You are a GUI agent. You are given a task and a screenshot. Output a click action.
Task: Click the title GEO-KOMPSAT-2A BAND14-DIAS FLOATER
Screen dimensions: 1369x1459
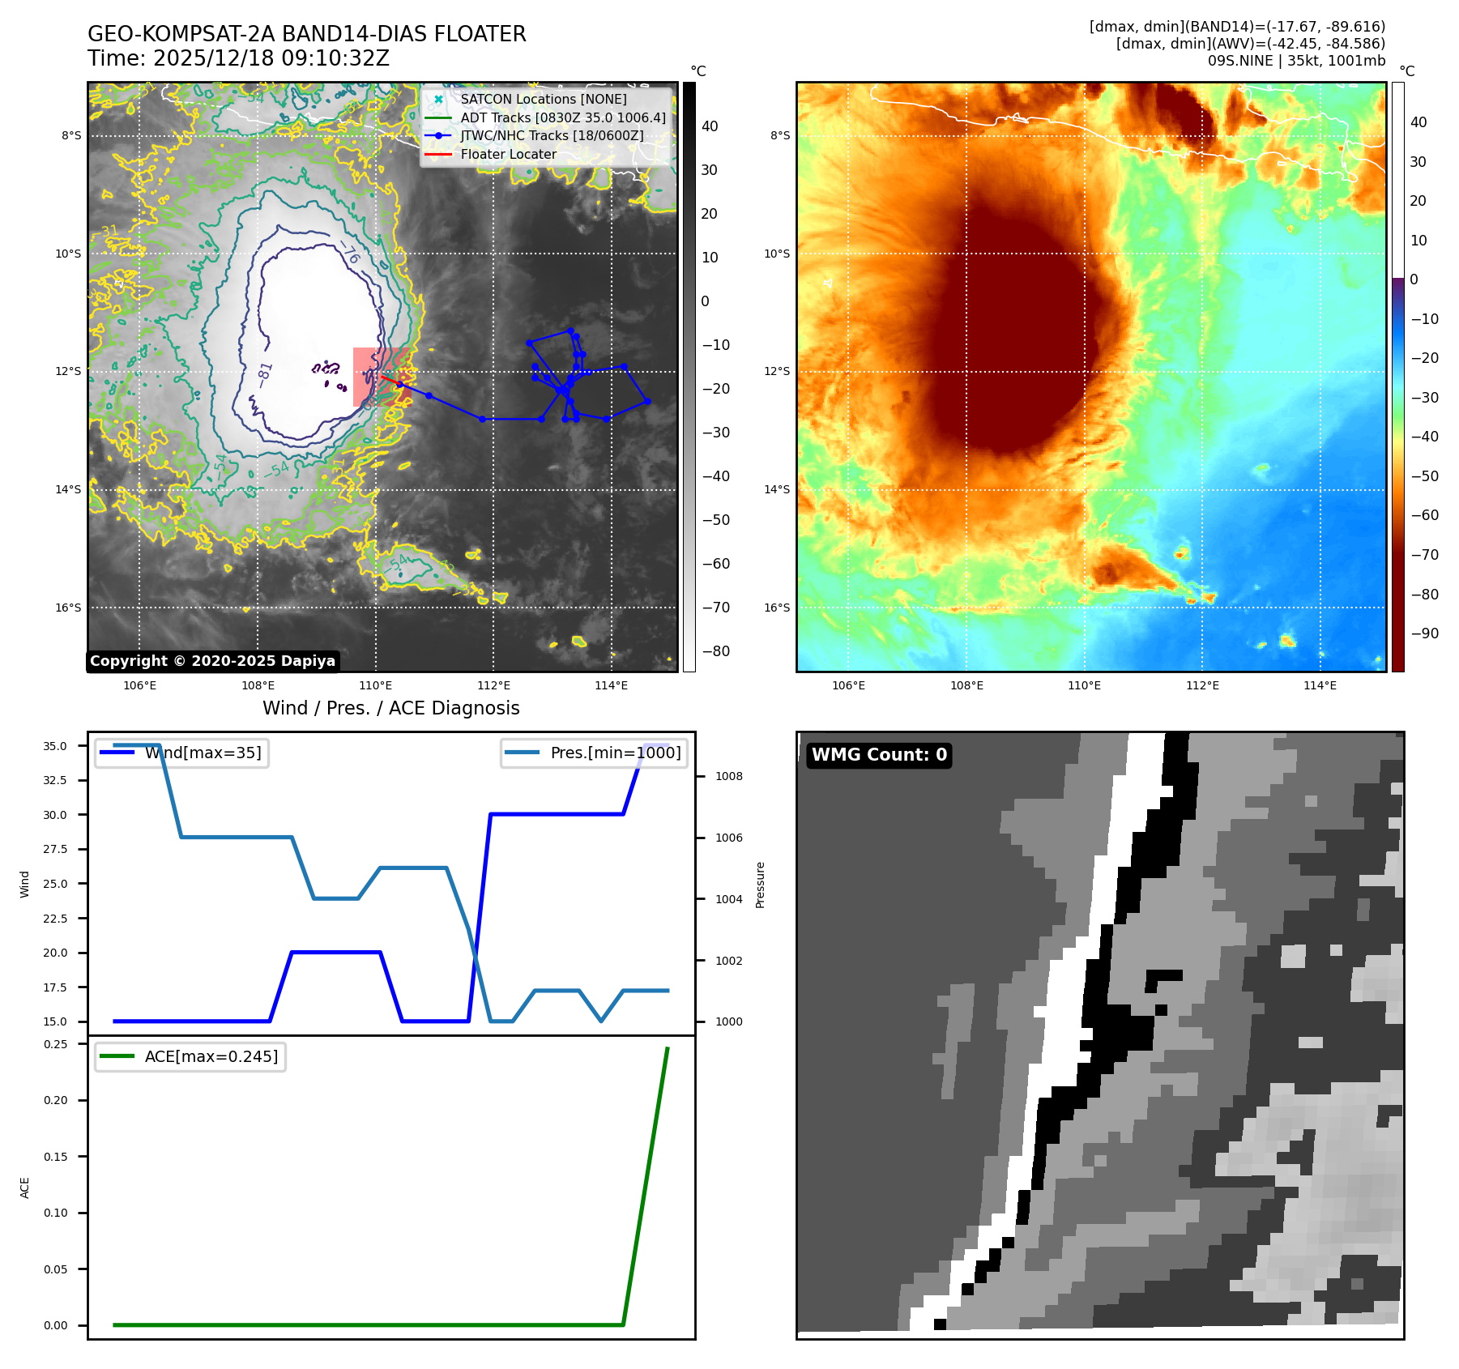tap(306, 34)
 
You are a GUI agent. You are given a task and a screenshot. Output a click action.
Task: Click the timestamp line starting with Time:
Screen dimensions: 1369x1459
tap(238, 58)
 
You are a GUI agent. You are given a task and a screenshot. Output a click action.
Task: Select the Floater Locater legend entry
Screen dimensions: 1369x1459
tap(508, 154)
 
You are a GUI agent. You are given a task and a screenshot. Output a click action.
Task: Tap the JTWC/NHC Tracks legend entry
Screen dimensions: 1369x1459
tap(552, 135)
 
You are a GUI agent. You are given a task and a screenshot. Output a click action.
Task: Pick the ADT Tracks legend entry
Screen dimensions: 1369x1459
tap(563, 117)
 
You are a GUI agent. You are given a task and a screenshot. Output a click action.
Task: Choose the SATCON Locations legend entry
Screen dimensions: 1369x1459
tap(543, 99)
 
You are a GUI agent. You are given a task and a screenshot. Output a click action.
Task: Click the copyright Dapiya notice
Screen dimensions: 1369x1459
tap(212, 661)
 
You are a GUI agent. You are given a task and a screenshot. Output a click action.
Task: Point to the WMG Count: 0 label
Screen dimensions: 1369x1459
tap(879, 755)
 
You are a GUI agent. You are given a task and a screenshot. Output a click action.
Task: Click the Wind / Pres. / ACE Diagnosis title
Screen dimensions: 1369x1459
tap(390, 708)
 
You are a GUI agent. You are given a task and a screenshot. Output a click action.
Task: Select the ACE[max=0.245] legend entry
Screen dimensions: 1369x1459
tap(211, 1056)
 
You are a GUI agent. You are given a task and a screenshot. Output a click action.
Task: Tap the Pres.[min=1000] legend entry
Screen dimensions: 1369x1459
tap(615, 753)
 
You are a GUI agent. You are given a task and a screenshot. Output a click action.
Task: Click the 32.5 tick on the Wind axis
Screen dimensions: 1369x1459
tap(55, 780)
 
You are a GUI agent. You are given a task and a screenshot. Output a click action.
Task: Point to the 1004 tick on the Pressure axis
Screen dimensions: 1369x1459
tap(729, 899)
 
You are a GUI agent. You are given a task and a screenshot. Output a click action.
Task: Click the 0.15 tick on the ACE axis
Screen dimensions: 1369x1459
tap(56, 1157)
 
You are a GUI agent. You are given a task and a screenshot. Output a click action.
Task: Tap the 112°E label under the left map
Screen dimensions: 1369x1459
tap(493, 685)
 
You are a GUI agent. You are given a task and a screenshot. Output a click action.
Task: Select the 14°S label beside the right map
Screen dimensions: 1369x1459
tap(776, 489)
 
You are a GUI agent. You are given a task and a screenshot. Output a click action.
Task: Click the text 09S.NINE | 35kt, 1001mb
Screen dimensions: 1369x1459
tap(1296, 61)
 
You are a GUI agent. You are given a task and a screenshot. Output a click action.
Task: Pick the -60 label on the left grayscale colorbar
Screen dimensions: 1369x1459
tap(715, 564)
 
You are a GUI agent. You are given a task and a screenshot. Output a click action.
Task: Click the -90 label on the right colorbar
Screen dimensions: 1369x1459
tap(1424, 633)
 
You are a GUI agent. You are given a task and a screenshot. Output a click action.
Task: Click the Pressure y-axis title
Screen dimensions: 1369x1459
tap(760, 885)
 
